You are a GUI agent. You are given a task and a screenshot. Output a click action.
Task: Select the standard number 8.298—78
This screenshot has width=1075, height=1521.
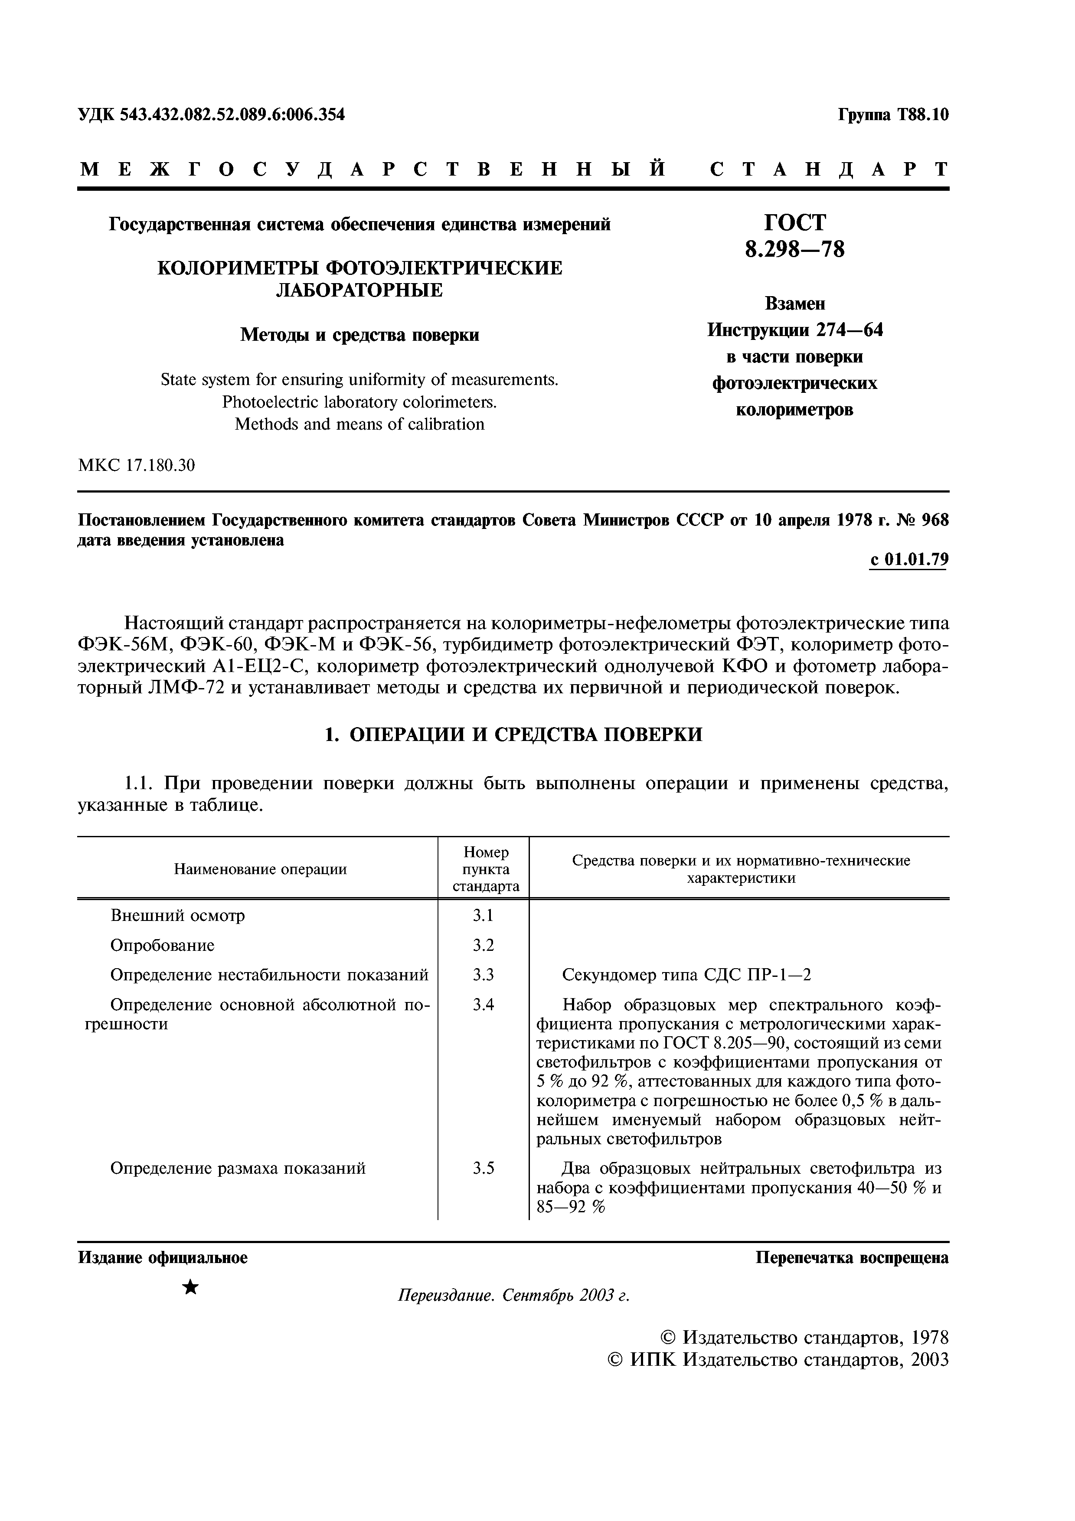pos(795,250)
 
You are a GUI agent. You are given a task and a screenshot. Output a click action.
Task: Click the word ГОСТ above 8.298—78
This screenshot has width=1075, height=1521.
pos(795,222)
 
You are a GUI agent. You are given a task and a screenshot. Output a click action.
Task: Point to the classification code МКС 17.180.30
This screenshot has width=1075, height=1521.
pos(137,466)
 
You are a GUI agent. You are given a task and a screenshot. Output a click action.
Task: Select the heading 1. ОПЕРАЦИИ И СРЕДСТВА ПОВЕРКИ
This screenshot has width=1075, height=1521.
pos(513,734)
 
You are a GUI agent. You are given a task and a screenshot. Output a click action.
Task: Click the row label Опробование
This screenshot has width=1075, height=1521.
pos(162,945)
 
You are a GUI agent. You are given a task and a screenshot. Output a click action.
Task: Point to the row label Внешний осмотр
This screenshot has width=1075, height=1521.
pos(177,916)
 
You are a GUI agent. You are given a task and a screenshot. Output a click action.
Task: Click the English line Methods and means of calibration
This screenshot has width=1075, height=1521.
pos(359,424)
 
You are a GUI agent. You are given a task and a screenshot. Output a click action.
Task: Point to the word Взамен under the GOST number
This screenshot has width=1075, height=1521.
pos(795,304)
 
